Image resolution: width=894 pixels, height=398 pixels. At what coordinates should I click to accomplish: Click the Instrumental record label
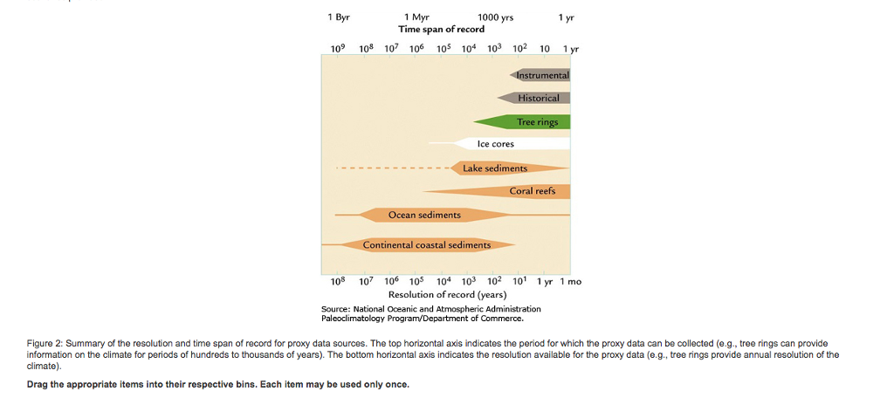[542, 76]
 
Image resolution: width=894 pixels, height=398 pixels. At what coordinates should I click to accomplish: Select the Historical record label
[538, 98]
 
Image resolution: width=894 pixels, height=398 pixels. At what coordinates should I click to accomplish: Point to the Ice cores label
[495, 144]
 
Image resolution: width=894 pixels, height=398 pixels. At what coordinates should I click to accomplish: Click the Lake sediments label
[495, 168]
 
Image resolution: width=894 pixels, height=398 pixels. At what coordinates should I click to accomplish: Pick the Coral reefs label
[532, 191]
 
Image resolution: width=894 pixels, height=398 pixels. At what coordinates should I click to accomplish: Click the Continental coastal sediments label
[427, 245]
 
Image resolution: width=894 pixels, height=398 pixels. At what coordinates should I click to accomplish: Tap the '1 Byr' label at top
[339, 17]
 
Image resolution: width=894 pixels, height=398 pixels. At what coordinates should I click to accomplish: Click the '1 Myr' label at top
[416, 17]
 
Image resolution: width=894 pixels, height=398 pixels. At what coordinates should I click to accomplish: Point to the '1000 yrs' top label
[496, 17]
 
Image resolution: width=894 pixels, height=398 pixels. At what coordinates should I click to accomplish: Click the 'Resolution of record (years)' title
[447, 295]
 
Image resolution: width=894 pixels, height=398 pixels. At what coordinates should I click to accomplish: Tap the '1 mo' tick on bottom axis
[570, 282]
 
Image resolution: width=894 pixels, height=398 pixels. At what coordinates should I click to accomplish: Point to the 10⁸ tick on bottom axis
[338, 282]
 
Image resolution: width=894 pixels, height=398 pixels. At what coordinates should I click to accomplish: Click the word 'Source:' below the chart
[336, 309]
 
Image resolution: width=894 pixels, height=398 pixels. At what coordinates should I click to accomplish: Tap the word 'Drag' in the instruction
[38, 385]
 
